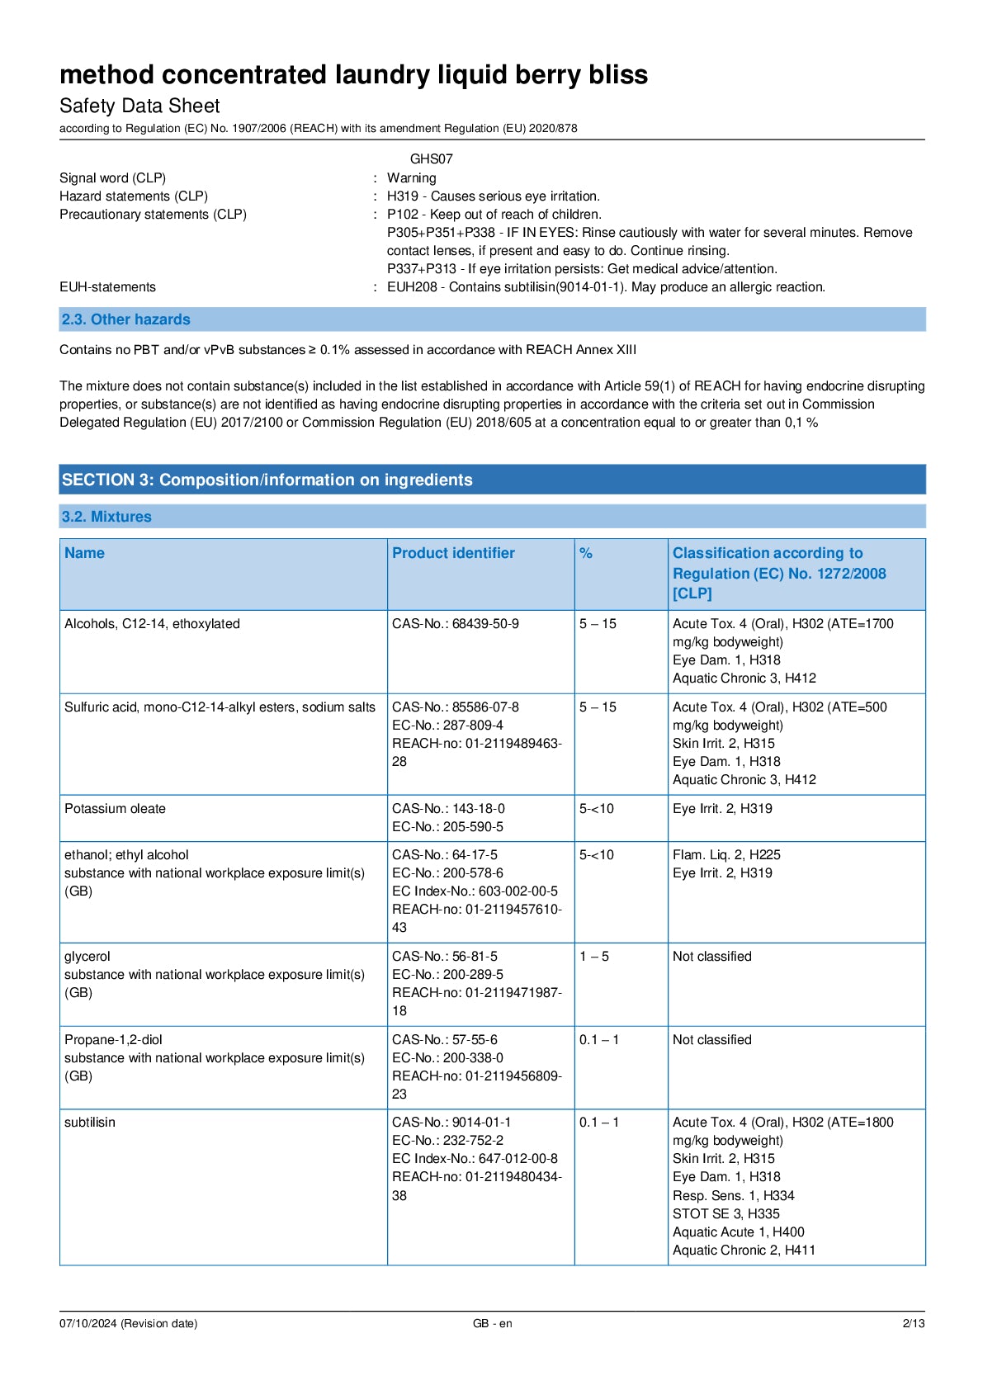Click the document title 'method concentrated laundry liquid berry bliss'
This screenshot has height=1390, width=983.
pyautogui.click(x=353, y=75)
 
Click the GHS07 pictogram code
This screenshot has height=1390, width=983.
pyautogui.click(x=431, y=158)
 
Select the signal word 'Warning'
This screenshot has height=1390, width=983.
pyautogui.click(x=411, y=177)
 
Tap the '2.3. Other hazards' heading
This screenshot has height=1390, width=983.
pyautogui.click(x=125, y=319)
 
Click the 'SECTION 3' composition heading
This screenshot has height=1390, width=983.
pyautogui.click(x=267, y=480)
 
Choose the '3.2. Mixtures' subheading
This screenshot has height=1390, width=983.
pyautogui.click(x=106, y=517)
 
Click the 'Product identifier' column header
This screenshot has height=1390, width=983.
pyautogui.click(x=453, y=553)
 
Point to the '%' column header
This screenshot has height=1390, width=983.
pyautogui.click(x=586, y=553)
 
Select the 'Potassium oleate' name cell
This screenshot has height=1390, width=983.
pyautogui.click(x=115, y=809)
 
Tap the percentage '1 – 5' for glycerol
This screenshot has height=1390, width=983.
pyautogui.click(x=594, y=957)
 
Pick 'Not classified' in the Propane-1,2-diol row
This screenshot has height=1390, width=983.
pyautogui.click(x=711, y=1040)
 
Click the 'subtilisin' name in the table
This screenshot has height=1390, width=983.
pyautogui.click(x=90, y=1123)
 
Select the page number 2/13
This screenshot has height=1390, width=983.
pyautogui.click(x=913, y=1323)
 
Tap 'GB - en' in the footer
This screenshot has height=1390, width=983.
pyautogui.click(x=492, y=1323)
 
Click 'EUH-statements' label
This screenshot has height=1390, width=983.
pyautogui.click(x=107, y=287)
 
